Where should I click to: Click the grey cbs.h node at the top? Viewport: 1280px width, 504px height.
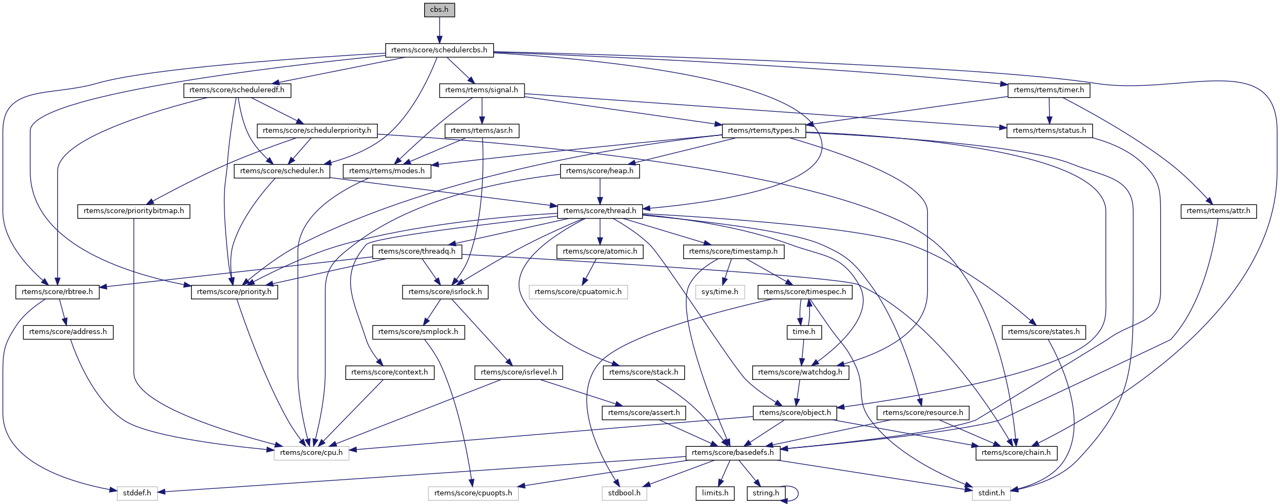pos(439,10)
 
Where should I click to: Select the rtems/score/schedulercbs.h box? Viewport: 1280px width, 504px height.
pos(439,50)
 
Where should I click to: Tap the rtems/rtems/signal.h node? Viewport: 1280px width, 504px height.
pos(481,90)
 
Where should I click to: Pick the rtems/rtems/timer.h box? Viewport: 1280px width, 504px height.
pos(1048,90)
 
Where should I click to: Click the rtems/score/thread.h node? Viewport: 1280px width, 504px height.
pos(600,211)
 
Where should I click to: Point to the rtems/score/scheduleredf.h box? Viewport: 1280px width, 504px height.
pos(237,90)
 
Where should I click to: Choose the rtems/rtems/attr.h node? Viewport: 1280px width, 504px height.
pos(1218,211)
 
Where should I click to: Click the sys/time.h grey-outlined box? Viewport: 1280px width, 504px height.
pos(720,292)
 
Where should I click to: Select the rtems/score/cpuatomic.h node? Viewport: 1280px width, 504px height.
pos(578,292)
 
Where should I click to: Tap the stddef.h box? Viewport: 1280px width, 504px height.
pos(137,493)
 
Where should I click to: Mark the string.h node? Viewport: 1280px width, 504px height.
pos(766,493)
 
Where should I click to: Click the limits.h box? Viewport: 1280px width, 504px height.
pos(715,493)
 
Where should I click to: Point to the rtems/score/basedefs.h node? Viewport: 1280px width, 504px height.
pos(732,453)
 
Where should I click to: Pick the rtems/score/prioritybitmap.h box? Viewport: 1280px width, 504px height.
pos(134,211)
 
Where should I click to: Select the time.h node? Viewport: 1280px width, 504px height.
pos(804,332)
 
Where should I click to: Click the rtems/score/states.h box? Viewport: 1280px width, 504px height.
pos(1044,332)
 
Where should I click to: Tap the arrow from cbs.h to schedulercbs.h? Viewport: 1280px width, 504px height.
pos(439,30)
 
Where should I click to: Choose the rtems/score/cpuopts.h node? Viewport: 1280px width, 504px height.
pos(473,493)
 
